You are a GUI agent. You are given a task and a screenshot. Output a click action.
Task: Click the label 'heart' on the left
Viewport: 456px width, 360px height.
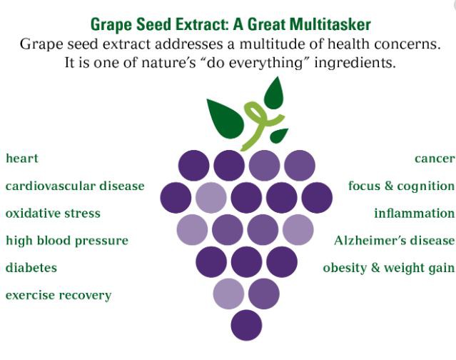22,159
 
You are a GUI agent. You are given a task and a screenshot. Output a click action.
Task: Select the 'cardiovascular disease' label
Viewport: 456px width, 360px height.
75,186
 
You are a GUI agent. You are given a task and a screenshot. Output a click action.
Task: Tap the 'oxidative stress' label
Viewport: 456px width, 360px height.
53,213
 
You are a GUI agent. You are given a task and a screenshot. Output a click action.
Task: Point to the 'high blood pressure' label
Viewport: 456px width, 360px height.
67,241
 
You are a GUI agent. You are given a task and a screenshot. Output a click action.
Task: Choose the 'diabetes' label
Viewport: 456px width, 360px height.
31,268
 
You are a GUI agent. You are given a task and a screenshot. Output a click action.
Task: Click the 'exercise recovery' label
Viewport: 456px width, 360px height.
59,295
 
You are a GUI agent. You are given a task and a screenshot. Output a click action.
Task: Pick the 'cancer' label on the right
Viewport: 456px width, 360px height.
434,159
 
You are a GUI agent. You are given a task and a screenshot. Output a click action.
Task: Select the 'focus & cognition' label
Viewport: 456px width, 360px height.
401,186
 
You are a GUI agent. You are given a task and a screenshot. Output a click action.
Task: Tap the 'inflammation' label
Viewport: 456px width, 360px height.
414,213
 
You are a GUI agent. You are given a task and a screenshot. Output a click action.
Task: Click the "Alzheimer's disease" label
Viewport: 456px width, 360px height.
394,241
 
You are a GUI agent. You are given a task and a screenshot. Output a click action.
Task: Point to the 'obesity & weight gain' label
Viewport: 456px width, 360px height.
388,268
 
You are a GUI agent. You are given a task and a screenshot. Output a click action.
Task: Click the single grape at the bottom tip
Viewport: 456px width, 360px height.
246,324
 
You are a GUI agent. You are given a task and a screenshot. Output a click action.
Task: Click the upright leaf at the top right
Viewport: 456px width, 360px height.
274,91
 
